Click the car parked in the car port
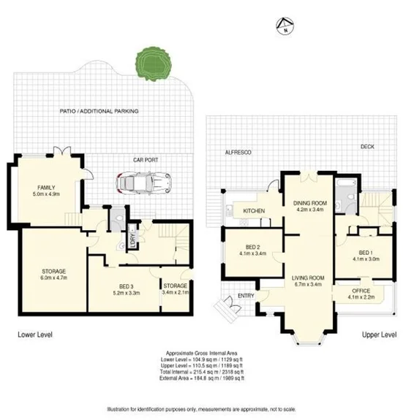pos(144,183)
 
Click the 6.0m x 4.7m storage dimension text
pos(53,278)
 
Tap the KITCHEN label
pos(253,211)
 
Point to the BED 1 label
pos(364,251)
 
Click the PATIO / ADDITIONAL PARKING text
pos(99,111)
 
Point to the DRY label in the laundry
pos(132,238)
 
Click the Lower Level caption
pos(35,334)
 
